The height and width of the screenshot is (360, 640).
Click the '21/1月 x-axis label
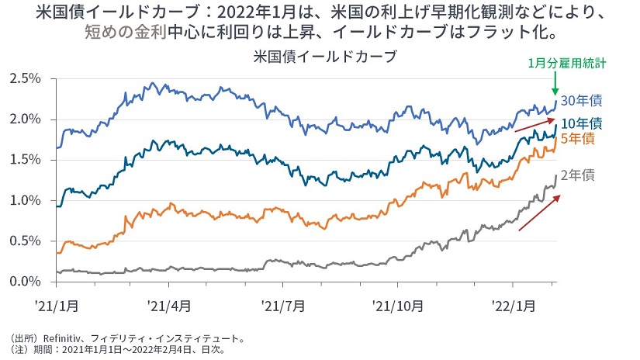pyautogui.click(x=56, y=305)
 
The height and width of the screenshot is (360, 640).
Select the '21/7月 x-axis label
pyautogui.click(x=282, y=305)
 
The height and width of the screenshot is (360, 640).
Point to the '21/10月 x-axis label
pyautogui.click(x=396, y=305)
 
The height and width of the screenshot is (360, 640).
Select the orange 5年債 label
pyautogui.click(x=579, y=138)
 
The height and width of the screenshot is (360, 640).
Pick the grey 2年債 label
pyautogui.click(x=579, y=175)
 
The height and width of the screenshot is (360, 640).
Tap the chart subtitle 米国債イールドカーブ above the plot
pyautogui.click(x=319, y=57)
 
